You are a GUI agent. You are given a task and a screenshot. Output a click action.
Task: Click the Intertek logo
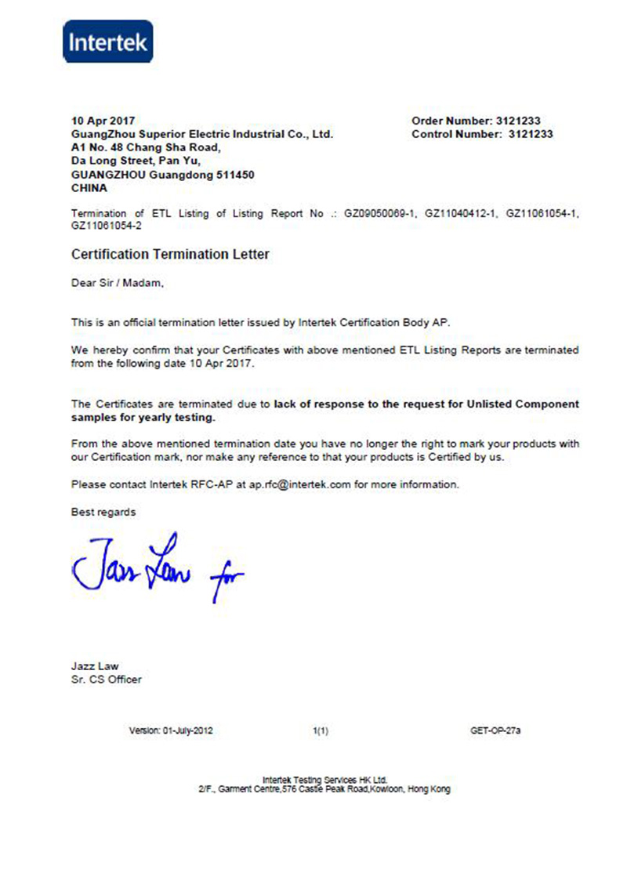click(x=107, y=42)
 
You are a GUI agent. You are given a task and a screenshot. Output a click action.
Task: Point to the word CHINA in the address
click(x=89, y=188)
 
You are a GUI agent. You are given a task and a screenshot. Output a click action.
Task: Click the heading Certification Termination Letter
click(x=170, y=255)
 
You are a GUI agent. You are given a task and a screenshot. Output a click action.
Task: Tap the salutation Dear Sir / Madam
click(x=118, y=284)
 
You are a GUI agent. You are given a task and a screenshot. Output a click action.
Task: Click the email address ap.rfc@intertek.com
click(x=299, y=484)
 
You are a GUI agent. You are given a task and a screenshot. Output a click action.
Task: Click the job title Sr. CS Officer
click(x=107, y=680)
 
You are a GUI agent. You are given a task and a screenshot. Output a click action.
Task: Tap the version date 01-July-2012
click(x=187, y=731)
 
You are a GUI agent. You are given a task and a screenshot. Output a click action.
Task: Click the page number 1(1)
click(x=320, y=731)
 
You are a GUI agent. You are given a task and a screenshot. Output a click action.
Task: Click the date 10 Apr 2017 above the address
click(x=103, y=121)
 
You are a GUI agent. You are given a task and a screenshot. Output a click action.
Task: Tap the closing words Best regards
click(x=103, y=512)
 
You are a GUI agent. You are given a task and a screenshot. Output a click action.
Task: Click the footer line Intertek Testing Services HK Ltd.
click(x=324, y=780)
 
